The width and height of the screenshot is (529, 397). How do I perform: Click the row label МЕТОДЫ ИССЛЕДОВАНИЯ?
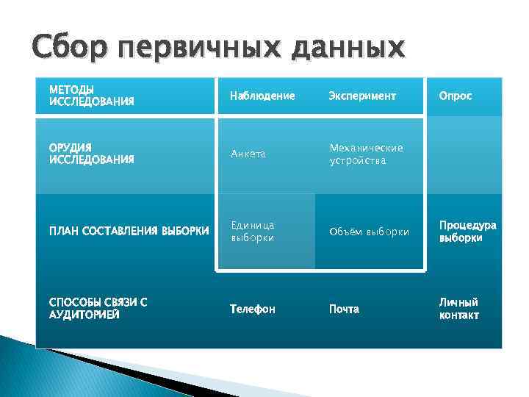click(x=91, y=96)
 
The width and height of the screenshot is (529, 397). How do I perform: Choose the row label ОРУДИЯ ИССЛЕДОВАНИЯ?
click(x=91, y=153)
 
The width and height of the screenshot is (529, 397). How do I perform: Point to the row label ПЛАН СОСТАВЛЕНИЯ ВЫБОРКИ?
click(x=129, y=232)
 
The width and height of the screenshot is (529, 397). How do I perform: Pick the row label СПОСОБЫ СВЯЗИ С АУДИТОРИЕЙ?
click(x=98, y=308)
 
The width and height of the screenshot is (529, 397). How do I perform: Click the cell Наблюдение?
click(x=262, y=96)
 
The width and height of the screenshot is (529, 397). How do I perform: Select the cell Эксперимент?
click(x=362, y=96)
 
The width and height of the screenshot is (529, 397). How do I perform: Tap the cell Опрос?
click(x=456, y=96)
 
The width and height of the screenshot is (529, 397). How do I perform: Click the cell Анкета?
click(x=248, y=154)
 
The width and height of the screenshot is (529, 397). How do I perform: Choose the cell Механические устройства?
click(x=366, y=154)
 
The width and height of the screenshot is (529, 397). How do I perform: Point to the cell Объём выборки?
click(x=369, y=232)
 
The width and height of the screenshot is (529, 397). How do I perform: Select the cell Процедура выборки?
click(x=468, y=232)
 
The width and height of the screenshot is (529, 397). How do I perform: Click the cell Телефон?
click(x=252, y=310)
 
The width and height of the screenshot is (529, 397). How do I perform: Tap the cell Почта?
click(x=344, y=310)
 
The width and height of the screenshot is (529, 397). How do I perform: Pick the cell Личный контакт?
click(x=459, y=309)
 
